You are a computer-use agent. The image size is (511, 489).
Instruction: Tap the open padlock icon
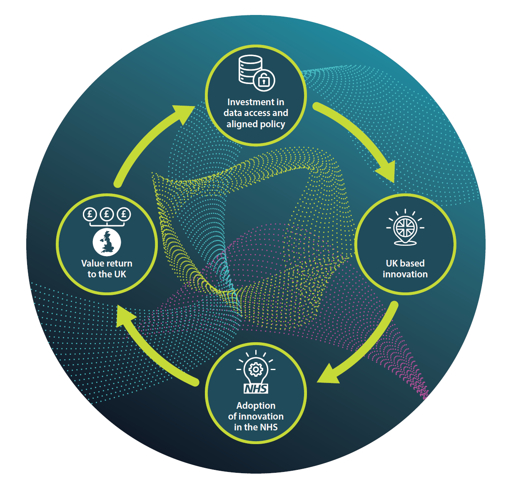(x=264, y=80)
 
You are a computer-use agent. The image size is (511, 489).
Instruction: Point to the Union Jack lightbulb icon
(x=405, y=227)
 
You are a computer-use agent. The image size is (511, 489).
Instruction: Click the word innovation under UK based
(x=405, y=274)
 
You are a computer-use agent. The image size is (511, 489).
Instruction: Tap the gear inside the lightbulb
(x=256, y=369)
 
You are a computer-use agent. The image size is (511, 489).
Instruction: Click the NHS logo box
(x=256, y=388)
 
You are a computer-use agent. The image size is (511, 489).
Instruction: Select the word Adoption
(x=256, y=405)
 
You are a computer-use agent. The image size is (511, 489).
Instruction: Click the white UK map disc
(x=107, y=242)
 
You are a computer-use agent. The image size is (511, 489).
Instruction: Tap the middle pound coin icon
(x=107, y=214)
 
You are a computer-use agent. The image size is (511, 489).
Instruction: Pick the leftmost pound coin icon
(x=90, y=214)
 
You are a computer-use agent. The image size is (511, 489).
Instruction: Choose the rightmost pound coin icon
(x=124, y=214)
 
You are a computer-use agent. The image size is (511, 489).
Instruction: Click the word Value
(x=93, y=263)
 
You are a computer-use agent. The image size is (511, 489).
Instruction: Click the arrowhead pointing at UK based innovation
(x=386, y=170)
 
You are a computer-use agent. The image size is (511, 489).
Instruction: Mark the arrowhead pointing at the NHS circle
(x=328, y=374)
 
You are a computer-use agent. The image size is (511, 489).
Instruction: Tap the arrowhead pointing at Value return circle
(x=125, y=316)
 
